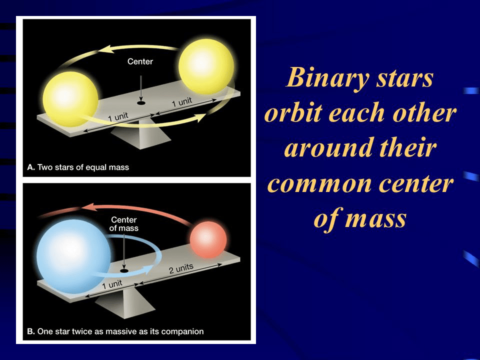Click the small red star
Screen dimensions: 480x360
point(208,239)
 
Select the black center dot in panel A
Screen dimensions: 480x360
point(141,103)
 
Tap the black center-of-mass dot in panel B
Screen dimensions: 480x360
point(124,271)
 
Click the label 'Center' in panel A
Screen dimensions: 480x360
point(140,61)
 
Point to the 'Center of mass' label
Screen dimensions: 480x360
point(124,224)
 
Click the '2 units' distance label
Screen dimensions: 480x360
point(181,268)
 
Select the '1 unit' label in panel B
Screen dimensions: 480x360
point(112,284)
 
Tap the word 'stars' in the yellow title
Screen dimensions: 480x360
point(404,78)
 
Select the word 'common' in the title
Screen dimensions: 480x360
point(319,184)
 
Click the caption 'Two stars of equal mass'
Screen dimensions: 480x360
point(83,167)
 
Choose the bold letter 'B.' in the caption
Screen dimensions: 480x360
point(30,331)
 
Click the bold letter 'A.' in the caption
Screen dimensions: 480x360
point(31,167)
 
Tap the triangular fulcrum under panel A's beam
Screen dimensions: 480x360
point(140,134)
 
